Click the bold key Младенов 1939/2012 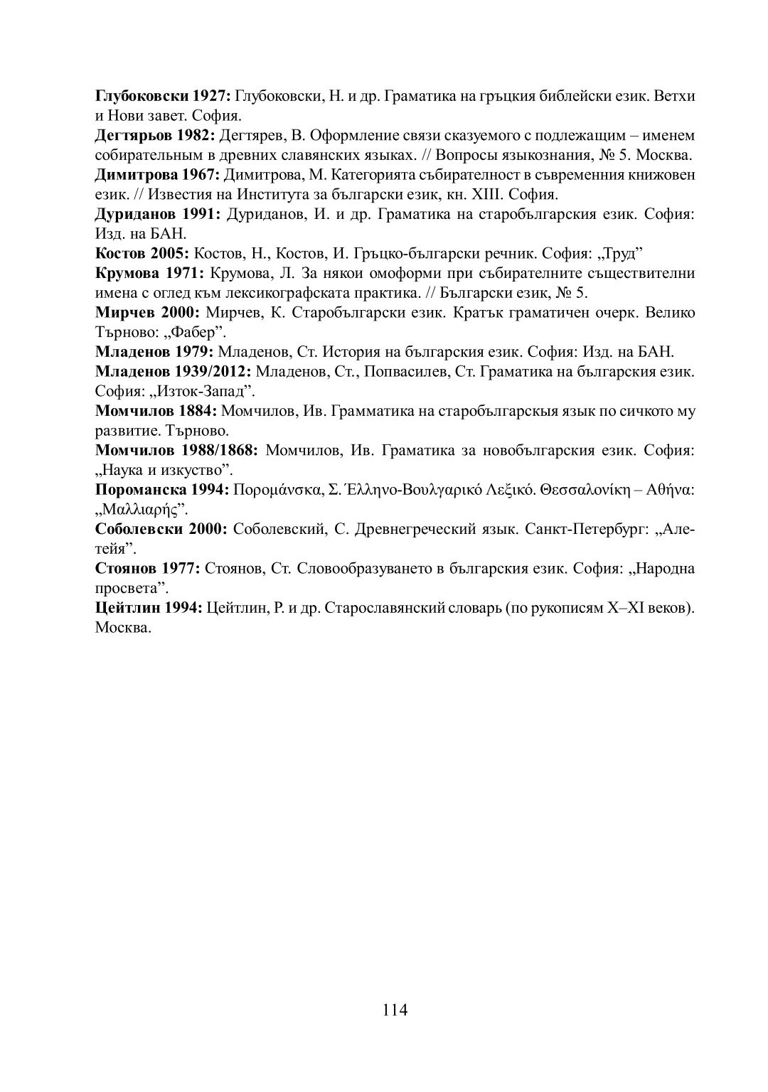174,371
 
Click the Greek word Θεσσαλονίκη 585,489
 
